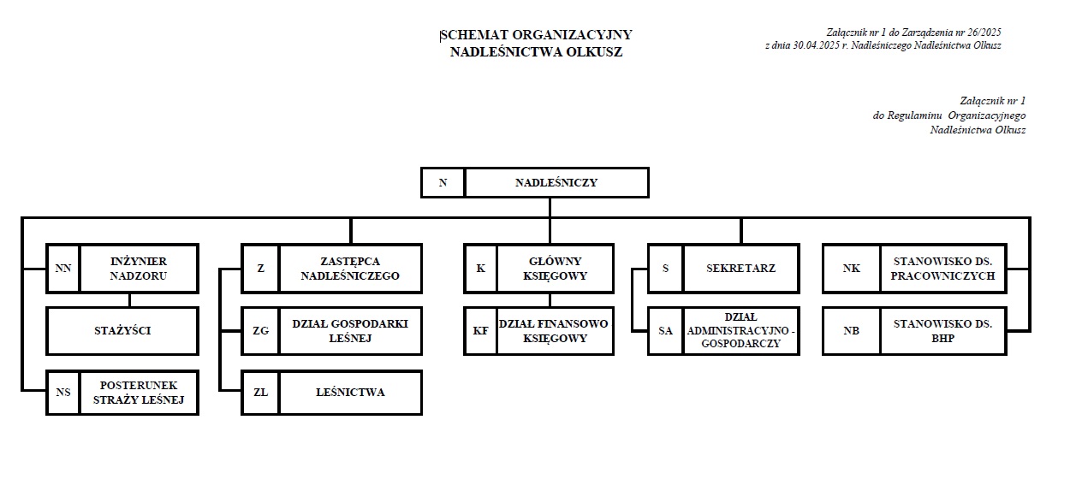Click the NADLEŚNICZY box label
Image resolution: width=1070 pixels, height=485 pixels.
coord(556,182)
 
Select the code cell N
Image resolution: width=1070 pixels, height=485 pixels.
coord(443,182)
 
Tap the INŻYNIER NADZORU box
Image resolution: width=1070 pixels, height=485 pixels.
coord(139,268)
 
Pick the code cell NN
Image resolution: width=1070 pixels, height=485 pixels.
coord(62,268)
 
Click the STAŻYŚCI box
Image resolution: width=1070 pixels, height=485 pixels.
coord(122,330)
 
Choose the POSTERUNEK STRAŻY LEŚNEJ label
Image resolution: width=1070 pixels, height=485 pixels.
coord(139,393)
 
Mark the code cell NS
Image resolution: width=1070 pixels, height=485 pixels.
coord(62,393)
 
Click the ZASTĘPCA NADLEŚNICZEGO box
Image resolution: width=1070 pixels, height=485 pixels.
coord(350,268)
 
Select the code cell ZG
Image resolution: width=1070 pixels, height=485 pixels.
coord(260,330)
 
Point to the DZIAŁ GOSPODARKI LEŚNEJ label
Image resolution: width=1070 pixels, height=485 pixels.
coord(350,330)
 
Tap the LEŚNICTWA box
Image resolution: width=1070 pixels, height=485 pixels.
coord(350,393)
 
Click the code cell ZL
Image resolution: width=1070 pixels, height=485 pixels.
coord(260,393)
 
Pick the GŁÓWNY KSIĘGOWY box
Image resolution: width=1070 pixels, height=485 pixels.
coord(555,268)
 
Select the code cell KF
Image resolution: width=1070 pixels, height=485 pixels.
coord(480,330)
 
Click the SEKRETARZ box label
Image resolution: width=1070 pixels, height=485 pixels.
coord(740,268)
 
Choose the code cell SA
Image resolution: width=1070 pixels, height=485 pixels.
coord(665,330)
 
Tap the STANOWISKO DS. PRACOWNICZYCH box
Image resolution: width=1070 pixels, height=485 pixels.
coord(942,268)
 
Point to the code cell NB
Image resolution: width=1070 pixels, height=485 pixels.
coord(851,330)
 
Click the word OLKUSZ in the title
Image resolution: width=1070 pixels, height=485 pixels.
coord(597,51)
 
